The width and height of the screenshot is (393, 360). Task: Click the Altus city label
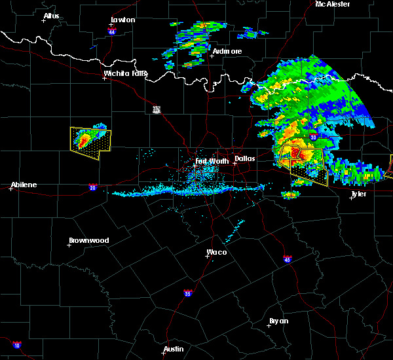click(x=51, y=16)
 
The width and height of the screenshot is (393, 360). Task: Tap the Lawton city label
click(x=122, y=20)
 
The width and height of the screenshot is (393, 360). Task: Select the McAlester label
click(x=333, y=4)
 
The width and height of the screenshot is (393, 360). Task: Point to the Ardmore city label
click(x=227, y=51)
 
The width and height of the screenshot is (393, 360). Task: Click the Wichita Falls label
click(x=126, y=74)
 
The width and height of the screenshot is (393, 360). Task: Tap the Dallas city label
click(x=245, y=158)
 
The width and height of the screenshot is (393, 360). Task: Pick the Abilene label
click(x=23, y=185)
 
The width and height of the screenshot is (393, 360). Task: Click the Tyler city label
click(x=358, y=194)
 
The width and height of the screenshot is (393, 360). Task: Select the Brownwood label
click(x=90, y=240)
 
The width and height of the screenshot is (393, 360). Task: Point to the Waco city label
click(x=217, y=252)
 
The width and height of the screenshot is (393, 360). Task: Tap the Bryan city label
click(x=278, y=321)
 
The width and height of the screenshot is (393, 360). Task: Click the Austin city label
click(x=174, y=349)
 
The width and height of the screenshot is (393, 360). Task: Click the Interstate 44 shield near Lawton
click(x=112, y=31)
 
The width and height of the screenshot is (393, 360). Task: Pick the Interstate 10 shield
click(x=16, y=345)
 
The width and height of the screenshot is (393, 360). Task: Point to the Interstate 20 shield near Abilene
click(x=92, y=188)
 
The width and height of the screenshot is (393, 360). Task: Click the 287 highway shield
click(x=156, y=109)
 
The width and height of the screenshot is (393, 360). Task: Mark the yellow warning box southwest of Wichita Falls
click(x=90, y=142)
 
